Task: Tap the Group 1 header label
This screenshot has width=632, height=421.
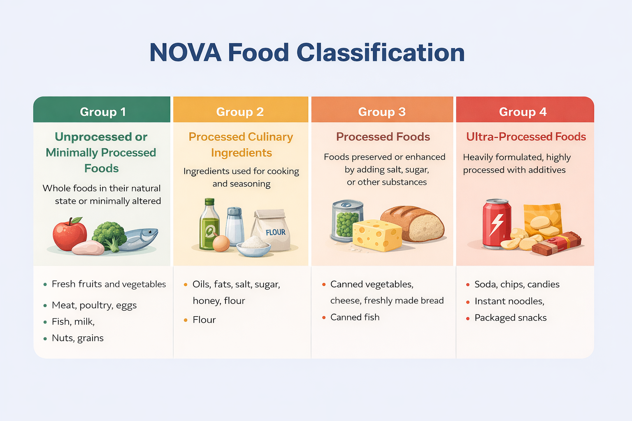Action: pos(102,112)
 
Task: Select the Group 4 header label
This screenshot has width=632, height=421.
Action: pos(523,112)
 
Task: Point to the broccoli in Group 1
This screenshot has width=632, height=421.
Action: pos(109,234)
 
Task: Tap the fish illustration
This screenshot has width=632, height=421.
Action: pos(140,239)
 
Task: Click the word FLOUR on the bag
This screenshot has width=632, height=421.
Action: pos(275,232)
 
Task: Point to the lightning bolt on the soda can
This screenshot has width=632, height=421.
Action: pos(497,224)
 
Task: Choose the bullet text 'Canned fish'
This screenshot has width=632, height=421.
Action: pos(355,317)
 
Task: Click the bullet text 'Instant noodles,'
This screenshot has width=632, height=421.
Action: pos(509,301)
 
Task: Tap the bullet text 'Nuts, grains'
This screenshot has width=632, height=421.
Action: pos(77,338)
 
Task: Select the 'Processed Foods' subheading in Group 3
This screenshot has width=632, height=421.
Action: pos(383,137)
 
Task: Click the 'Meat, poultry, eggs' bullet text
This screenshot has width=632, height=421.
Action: pos(94,305)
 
